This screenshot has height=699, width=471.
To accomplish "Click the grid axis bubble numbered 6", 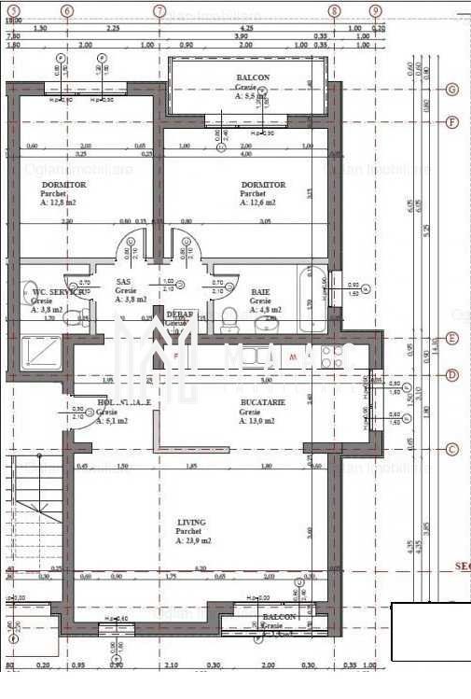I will [66, 11].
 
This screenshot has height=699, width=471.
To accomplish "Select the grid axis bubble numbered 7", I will [159, 11].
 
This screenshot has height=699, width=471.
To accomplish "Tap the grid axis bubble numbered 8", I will [334, 11].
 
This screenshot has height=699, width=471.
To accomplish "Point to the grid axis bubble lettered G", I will [452, 90].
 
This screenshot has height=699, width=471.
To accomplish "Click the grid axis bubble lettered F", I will [452, 122].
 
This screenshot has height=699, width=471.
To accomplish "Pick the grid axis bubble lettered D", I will [452, 375].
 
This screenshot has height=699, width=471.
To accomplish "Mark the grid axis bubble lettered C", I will [452, 449].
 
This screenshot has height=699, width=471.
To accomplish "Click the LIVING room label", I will [190, 523].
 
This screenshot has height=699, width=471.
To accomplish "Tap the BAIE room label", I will [260, 292].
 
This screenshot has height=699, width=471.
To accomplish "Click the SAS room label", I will [123, 282].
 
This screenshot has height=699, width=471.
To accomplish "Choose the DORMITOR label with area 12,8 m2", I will [62, 185].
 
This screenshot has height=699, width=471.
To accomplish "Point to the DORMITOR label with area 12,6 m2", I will [263, 185].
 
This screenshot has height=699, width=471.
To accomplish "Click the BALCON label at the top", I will [252, 77].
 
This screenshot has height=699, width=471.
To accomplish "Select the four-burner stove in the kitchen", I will [331, 356].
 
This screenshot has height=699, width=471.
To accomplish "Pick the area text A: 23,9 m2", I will [193, 540].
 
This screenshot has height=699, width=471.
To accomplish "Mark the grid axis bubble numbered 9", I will [375, 11].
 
